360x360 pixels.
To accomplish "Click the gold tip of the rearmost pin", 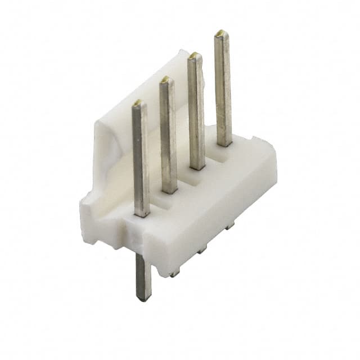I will pos(221,34).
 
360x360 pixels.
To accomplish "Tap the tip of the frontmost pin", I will pos(138,105).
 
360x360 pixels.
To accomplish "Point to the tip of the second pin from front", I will pos(166,80).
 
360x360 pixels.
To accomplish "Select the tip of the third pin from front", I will pos(195,56).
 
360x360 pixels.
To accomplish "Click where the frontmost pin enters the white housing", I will pos(142,213).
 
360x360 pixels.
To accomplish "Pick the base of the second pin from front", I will pos(170,190).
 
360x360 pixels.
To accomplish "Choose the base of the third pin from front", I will pos(197,166).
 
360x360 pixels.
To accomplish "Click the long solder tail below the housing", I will pos(143,276).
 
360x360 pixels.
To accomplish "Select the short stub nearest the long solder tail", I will pos(175,273).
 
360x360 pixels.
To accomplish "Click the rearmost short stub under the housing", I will pos(230,226).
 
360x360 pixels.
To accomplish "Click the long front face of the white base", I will pos(214,208).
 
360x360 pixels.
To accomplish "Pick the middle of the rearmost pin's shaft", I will pos(223,90).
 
